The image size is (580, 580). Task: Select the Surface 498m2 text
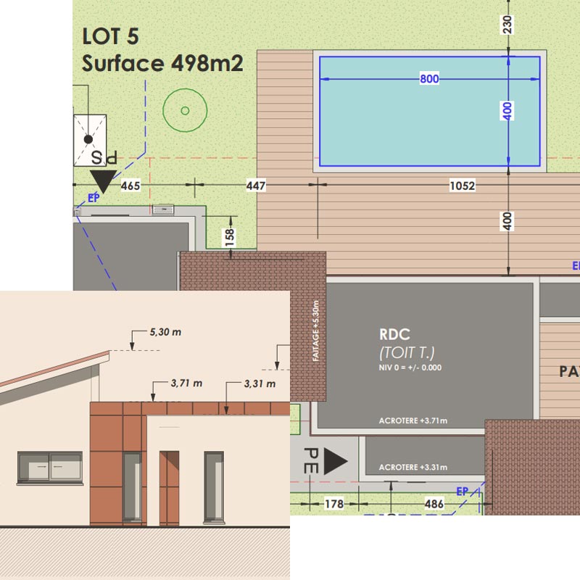162,64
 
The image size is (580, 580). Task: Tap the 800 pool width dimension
429,79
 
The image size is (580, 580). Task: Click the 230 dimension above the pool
507,24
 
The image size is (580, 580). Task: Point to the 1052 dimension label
462,186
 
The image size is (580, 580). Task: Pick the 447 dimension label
256,186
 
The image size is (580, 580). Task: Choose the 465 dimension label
130,186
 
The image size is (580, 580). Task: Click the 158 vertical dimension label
230,236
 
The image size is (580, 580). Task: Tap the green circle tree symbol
185,110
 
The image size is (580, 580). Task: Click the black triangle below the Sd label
103,181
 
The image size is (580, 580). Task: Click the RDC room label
394,335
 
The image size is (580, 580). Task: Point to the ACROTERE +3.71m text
413,420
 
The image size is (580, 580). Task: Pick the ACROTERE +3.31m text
413,467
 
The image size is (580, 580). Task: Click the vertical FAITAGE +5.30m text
315,332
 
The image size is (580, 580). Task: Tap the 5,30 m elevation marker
165,332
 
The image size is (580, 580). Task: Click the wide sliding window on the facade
49,465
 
